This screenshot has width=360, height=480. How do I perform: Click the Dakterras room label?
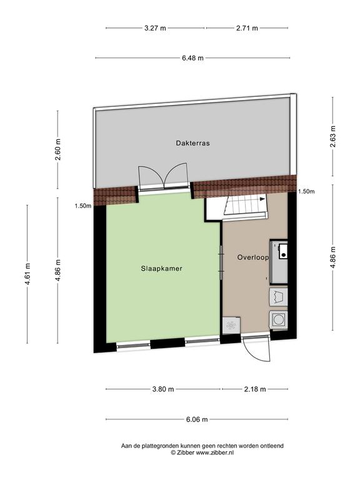(x=192, y=143)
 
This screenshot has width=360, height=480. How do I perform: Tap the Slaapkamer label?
(x=162, y=269)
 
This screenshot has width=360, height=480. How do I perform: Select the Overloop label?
(x=253, y=257)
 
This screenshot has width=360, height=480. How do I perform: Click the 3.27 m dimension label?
(x=155, y=28)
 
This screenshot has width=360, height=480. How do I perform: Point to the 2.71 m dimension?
(x=247, y=28)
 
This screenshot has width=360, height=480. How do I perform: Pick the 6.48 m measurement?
(x=192, y=58)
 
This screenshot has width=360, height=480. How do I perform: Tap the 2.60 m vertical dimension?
(x=58, y=149)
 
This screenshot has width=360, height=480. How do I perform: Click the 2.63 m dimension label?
(x=333, y=136)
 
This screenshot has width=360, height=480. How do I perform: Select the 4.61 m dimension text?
(x=27, y=274)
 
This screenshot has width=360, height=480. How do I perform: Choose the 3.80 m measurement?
(x=163, y=389)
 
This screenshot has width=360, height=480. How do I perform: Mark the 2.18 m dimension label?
(x=255, y=389)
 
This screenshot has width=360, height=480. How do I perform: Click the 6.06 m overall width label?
(x=197, y=419)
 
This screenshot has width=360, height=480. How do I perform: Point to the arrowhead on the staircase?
(x=262, y=199)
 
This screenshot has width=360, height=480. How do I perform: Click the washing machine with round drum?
(x=279, y=320)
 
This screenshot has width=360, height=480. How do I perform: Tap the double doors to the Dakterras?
(x=163, y=177)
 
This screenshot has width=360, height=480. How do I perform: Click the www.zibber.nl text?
(x=214, y=452)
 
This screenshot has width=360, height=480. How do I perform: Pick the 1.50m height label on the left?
(x=83, y=206)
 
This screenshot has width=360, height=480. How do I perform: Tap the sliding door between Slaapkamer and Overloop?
(x=221, y=262)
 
